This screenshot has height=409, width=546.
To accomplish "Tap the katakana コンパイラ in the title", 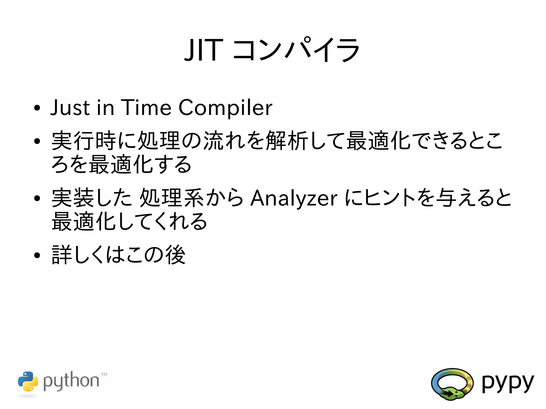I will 296,50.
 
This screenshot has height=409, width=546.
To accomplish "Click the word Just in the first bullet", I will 70,107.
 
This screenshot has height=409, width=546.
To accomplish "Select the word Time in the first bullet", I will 146,107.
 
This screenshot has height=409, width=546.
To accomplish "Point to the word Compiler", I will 225,108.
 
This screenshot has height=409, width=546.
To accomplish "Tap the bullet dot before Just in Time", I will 37,108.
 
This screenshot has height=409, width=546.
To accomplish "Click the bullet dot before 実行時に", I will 37,141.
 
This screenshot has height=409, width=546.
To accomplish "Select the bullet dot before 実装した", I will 37,198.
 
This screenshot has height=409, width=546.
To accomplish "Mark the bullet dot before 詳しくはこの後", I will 37,255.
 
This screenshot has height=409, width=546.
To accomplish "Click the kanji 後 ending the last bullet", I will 175,255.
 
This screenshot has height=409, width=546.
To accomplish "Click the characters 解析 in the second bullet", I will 287,141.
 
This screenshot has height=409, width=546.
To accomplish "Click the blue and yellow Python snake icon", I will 28,381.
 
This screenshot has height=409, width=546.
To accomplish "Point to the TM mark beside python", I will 104,374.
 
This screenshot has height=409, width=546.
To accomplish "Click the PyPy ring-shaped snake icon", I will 452,384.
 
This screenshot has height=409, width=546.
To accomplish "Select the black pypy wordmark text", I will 508,383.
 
